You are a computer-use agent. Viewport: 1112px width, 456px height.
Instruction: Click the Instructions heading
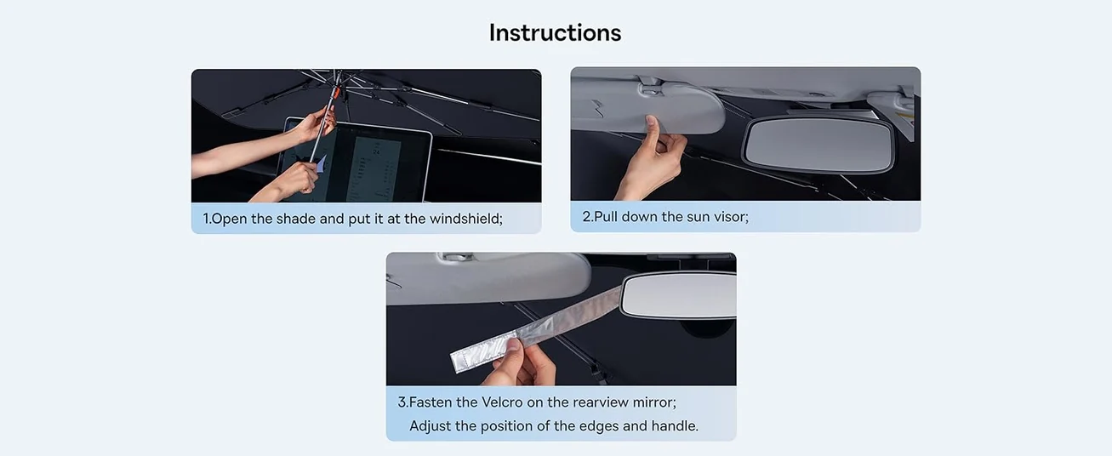555,32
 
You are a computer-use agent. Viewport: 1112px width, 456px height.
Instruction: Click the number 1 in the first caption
206,219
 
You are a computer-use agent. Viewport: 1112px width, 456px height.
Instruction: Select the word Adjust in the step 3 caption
431,425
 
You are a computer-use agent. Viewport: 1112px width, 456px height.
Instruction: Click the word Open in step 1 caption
229,219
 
